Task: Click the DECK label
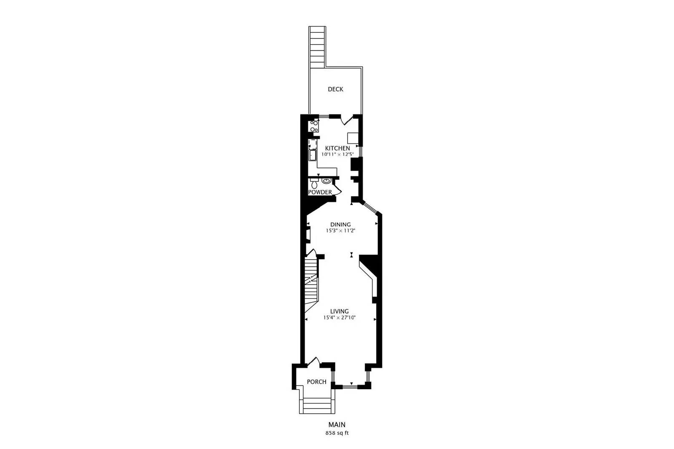(x=335, y=89)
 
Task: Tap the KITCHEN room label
(x=337, y=149)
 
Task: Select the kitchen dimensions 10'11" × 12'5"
(x=337, y=155)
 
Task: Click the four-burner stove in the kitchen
(x=314, y=126)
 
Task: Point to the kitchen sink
(x=313, y=155)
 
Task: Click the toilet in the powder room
(x=314, y=183)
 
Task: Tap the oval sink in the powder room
(x=326, y=181)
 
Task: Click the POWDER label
(x=320, y=192)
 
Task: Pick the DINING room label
(x=340, y=225)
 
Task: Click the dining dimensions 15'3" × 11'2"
(x=340, y=231)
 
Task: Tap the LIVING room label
(x=340, y=311)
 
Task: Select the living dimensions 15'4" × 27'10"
(x=340, y=318)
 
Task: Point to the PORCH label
(x=316, y=382)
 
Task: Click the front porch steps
(x=317, y=406)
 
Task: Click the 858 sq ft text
(x=337, y=433)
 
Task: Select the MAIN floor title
(x=337, y=425)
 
